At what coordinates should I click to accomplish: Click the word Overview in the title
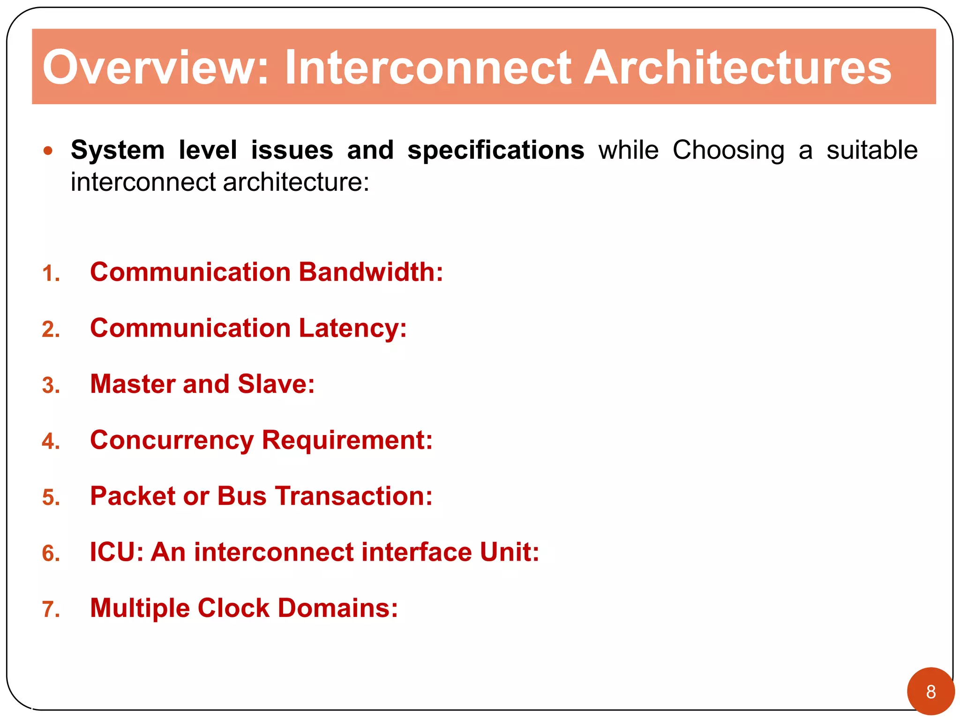click(155, 68)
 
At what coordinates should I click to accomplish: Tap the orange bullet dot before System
click(47, 151)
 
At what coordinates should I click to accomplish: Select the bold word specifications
click(495, 151)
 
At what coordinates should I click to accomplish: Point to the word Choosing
click(728, 151)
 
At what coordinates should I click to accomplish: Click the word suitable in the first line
click(871, 151)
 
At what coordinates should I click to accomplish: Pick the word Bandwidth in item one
click(370, 272)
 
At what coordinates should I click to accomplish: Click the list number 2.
click(51, 330)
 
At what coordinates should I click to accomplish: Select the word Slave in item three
click(276, 384)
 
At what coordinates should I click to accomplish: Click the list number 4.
click(51, 442)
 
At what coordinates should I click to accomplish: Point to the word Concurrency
click(172, 441)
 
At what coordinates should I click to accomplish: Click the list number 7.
click(51, 609)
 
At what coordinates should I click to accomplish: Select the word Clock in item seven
click(233, 608)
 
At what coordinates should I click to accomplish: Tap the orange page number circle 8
click(930, 691)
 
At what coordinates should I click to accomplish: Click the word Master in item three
click(133, 384)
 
